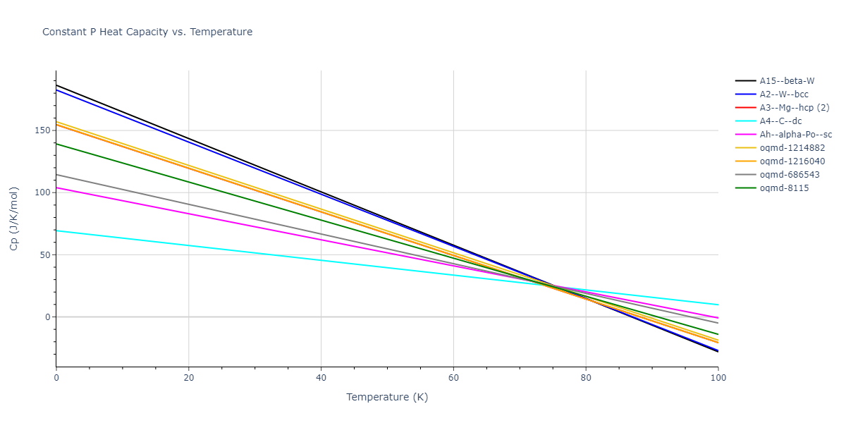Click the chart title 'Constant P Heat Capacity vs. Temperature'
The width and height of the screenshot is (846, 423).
point(147,32)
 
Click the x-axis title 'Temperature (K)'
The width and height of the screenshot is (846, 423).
point(387,397)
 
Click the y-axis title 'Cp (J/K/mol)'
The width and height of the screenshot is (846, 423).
point(14,219)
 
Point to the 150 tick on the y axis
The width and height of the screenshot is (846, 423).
point(44,130)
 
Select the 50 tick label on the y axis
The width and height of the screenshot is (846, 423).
point(46,255)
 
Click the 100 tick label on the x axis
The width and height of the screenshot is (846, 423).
point(718,378)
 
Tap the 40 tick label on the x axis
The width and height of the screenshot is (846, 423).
point(321,378)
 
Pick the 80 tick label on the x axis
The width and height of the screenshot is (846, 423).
point(586,378)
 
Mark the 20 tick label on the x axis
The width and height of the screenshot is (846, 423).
point(188,378)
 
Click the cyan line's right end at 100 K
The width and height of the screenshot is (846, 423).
point(718,305)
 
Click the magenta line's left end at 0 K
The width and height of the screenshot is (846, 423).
point(56,188)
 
